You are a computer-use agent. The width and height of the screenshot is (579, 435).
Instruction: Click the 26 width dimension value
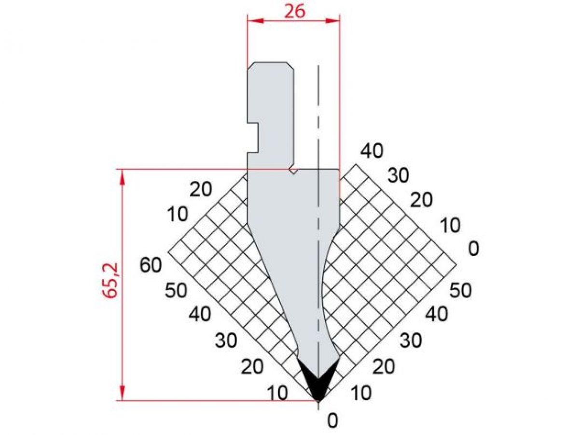(x=294, y=11)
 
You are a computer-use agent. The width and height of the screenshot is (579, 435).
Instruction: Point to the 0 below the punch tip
(x=332, y=421)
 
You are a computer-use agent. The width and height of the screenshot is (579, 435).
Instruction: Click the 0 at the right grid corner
(x=473, y=249)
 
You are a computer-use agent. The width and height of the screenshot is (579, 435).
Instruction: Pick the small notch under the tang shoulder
(x=293, y=171)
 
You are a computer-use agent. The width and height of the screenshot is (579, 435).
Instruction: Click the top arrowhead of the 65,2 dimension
(x=122, y=177)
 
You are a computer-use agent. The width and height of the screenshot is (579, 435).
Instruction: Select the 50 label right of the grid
(x=460, y=290)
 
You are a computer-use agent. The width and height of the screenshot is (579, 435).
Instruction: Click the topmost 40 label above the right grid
(x=372, y=151)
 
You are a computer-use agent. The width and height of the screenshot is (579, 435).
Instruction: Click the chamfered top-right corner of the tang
(x=291, y=66)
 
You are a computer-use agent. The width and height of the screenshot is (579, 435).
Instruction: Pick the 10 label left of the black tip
(x=277, y=393)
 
